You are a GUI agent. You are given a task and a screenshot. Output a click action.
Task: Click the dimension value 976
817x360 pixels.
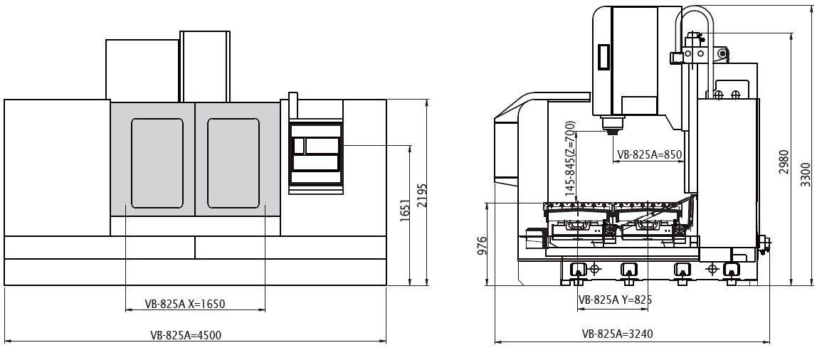point(482,245)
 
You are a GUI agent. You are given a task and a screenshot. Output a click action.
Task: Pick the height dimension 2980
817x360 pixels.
point(784,162)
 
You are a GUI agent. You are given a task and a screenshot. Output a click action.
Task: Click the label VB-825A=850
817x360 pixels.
point(650,154)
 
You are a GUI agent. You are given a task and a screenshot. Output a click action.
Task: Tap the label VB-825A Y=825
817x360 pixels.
point(616,300)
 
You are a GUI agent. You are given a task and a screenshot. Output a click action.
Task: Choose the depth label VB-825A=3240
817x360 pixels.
point(618,334)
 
